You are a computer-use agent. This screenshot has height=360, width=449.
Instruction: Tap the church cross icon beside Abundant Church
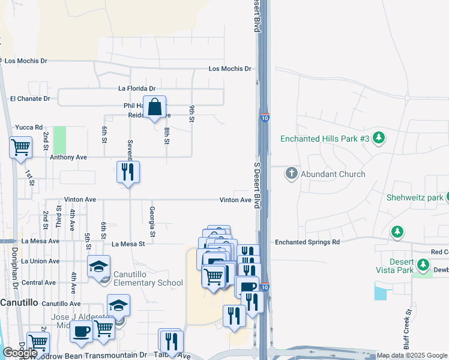[x=292, y=173]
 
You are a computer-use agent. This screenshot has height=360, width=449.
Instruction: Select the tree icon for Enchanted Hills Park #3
[x=378, y=139]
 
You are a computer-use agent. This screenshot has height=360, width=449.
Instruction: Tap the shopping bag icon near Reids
[x=154, y=107]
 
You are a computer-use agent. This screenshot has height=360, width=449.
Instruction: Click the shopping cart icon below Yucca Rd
[x=20, y=146]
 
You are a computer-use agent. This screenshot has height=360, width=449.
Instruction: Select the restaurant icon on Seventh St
[x=128, y=172]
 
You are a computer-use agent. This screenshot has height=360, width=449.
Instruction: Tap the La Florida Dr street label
[x=137, y=88]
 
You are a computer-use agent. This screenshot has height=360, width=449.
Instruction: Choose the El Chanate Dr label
[x=31, y=98]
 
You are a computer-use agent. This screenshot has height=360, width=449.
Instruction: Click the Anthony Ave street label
[x=68, y=157]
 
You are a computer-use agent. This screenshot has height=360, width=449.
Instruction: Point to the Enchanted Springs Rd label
[x=307, y=242]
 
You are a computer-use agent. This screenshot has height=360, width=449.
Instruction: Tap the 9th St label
[x=192, y=113]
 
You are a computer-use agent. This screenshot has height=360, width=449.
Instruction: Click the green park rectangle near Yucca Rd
[x=59, y=140]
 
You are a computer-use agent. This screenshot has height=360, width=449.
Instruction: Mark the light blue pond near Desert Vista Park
[x=380, y=292]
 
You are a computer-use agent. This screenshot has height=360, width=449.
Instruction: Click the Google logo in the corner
[x=20, y=353]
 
